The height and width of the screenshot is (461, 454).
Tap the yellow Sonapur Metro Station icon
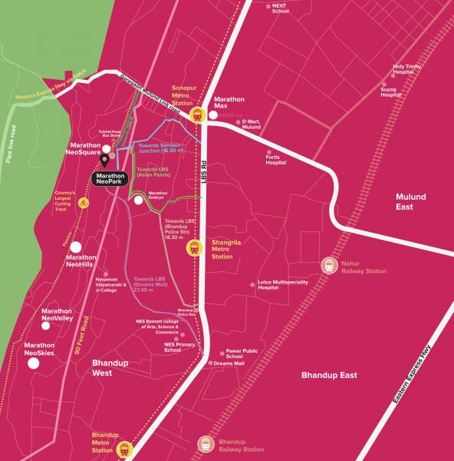pyautogui.click(x=198, y=114)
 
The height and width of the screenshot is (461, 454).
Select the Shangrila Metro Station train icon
pyautogui.click(x=195, y=247)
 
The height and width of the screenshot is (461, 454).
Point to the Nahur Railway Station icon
pyautogui.click(x=329, y=266)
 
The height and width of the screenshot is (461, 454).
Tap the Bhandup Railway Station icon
pyautogui.click(x=205, y=444)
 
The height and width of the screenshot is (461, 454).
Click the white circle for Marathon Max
pyautogui.click(x=214, y=114)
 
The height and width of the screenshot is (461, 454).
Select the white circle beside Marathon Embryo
pyautogui.click(x=138, y=201)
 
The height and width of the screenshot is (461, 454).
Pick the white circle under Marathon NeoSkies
pyautogui.click(x=34, y=363)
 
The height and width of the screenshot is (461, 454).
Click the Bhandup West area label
pyautogui.click(x=113, y=366)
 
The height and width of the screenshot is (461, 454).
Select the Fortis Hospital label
pyautogui.click(x=276, y=160)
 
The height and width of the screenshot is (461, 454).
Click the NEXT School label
pyautogui.click(x=280, y=8)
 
